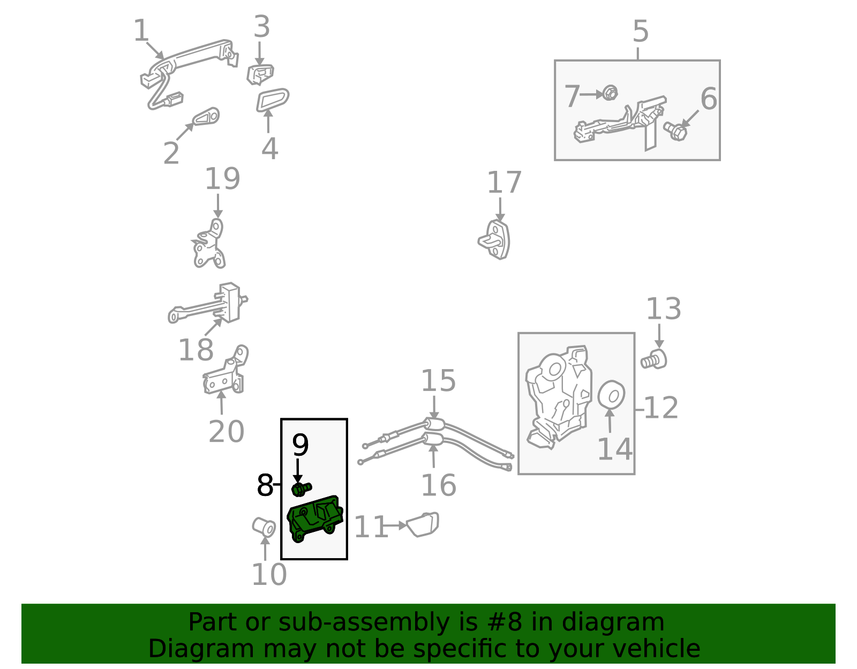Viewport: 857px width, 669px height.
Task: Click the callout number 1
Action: (141, 31)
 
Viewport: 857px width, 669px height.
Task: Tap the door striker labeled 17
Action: (494, 239)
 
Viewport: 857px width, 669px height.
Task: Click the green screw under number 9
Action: (302, 489)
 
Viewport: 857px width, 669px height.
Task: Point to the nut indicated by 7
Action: (610, 93)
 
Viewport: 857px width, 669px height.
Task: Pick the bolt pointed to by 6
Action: (675, 131)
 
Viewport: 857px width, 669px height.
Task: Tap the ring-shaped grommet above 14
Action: (611, 395)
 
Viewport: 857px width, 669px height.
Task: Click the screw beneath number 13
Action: (653, 359)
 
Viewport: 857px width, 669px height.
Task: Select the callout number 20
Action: (226, 431)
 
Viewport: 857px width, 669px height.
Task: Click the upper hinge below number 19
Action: (209, 244)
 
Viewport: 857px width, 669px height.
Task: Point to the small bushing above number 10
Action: (264, 527)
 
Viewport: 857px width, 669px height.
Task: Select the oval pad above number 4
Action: (273, 100)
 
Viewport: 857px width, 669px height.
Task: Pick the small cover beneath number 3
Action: (260, 74)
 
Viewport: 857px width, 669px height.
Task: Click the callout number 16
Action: (439, 485)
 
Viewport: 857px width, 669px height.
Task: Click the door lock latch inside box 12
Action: (559, 398)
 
